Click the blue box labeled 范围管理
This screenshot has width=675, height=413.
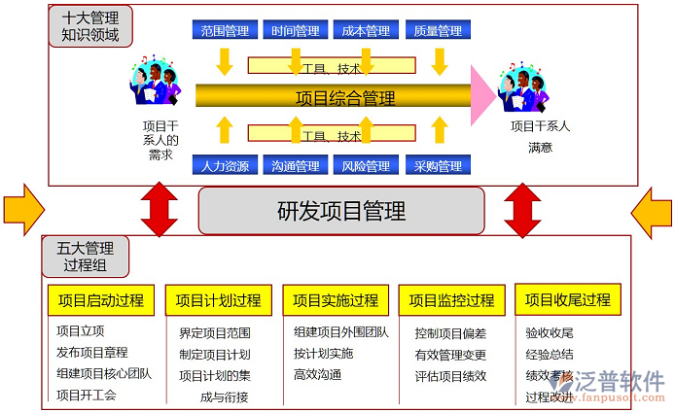(225, 31)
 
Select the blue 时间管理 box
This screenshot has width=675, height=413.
(295, 31)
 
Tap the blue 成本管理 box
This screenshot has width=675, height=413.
(366, 31)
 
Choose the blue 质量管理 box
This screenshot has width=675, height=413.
(437, 31)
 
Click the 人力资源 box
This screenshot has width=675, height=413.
(225, 166)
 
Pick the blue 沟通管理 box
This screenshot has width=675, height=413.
(295, 166)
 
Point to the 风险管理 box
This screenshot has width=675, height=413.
(366, 166)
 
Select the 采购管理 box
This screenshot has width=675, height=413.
(437, 166)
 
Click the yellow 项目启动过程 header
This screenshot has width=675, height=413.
(100, 300)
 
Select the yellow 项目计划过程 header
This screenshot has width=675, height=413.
(218, 300)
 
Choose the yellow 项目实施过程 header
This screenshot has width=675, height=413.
(336, 300)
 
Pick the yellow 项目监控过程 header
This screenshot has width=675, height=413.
(452, 300)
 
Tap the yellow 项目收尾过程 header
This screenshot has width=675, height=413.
(568, 300)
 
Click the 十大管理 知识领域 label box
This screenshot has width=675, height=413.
(89, 27)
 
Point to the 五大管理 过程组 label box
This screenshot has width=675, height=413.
(87, 257)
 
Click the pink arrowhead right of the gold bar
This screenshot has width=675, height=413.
(483, 96)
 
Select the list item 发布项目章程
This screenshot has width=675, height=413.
(92, 353)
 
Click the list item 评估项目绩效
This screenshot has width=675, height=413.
(450, 375)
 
